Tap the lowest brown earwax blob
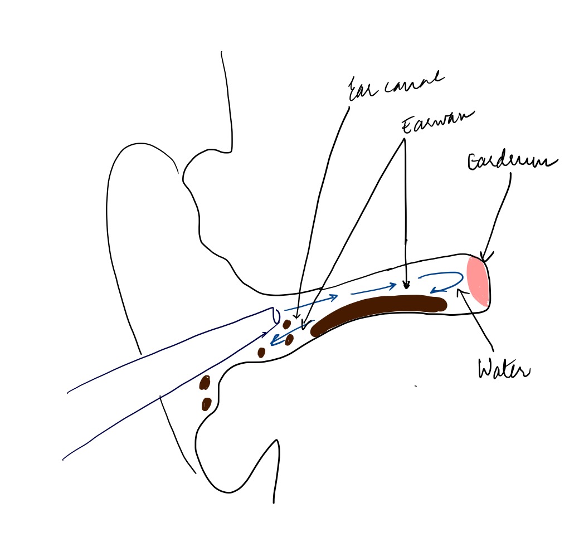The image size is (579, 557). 206,403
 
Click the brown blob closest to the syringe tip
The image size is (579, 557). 287,324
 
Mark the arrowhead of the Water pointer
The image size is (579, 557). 459,290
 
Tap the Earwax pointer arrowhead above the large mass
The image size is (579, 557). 406,287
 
